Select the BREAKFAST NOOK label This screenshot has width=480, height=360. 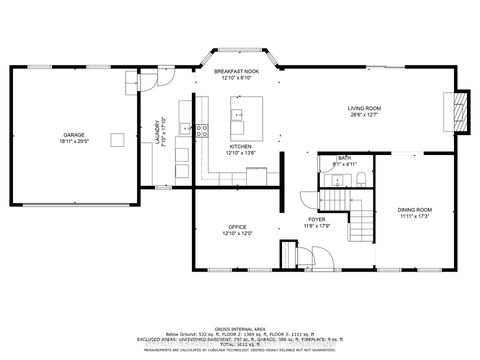coord(236,70)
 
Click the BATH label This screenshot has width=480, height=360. coord(344,157)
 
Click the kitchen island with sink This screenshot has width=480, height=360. coord(244,117)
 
